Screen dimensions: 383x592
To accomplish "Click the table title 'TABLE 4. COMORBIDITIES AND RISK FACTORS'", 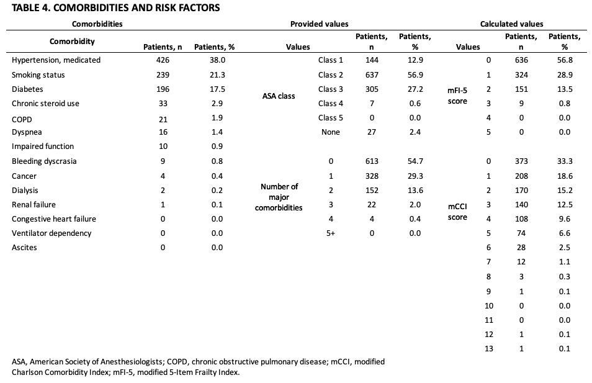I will click(115, 8).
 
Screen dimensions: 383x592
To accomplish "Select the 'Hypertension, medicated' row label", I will click(56, 60).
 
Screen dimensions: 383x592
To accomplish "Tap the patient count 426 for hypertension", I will click(162, 60).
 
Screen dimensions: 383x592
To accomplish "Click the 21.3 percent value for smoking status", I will click(217, 74).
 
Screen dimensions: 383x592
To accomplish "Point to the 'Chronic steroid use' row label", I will click(45, 103).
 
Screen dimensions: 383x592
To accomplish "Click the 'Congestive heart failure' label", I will click(54, 219).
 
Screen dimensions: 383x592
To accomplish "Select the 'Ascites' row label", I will click(24, 247).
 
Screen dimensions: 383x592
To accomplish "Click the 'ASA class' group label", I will click(278, 96).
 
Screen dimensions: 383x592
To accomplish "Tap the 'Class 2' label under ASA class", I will click(331, 74).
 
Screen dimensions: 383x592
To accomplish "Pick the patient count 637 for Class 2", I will click(371, 74).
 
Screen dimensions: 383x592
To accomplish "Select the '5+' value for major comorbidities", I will click(331, 233).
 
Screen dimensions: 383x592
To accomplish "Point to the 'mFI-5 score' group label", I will click(458, 96).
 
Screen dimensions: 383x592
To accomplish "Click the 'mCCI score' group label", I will click(458, 211).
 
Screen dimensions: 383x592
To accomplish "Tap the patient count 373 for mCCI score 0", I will click(521, 161).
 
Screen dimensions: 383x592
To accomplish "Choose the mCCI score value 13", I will click(488, 348).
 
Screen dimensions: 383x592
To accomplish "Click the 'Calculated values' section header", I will click(511, 24).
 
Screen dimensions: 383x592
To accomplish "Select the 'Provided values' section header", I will click(319, 24).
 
